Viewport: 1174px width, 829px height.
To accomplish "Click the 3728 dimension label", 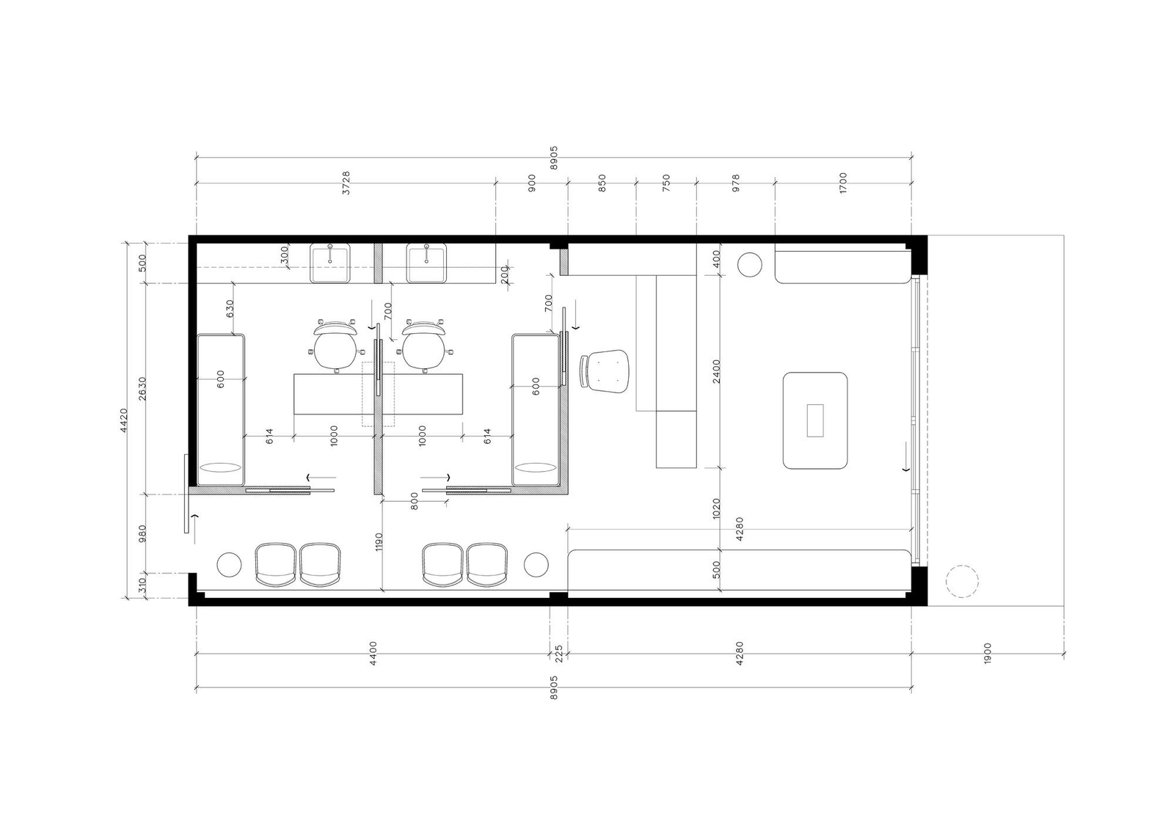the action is tap(346, 183).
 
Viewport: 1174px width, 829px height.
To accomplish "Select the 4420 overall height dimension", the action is tap(124, 420).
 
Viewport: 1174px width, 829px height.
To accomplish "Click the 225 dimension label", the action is tap(558, 654).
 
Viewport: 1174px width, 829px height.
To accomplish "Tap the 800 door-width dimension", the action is tap(414, 502).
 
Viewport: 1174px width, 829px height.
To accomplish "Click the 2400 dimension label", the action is tap(717, 371).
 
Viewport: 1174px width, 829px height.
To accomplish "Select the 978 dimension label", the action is tap(736, 183).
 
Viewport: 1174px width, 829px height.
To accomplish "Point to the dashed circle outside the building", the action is tap(962, 581).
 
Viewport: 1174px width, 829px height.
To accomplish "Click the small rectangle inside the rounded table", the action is tap(815, 420).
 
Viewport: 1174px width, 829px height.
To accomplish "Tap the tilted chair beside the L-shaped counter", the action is tap(604, 370).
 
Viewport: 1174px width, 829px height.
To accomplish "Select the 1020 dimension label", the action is tap(717, 508).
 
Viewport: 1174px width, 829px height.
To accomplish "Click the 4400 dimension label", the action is tap(373, 653).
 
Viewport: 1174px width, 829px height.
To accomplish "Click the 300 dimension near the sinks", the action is tap(285, 256).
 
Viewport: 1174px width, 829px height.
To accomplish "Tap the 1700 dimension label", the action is tap(843, 183).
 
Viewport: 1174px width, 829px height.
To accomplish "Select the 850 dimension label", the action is tap(602, 183).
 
